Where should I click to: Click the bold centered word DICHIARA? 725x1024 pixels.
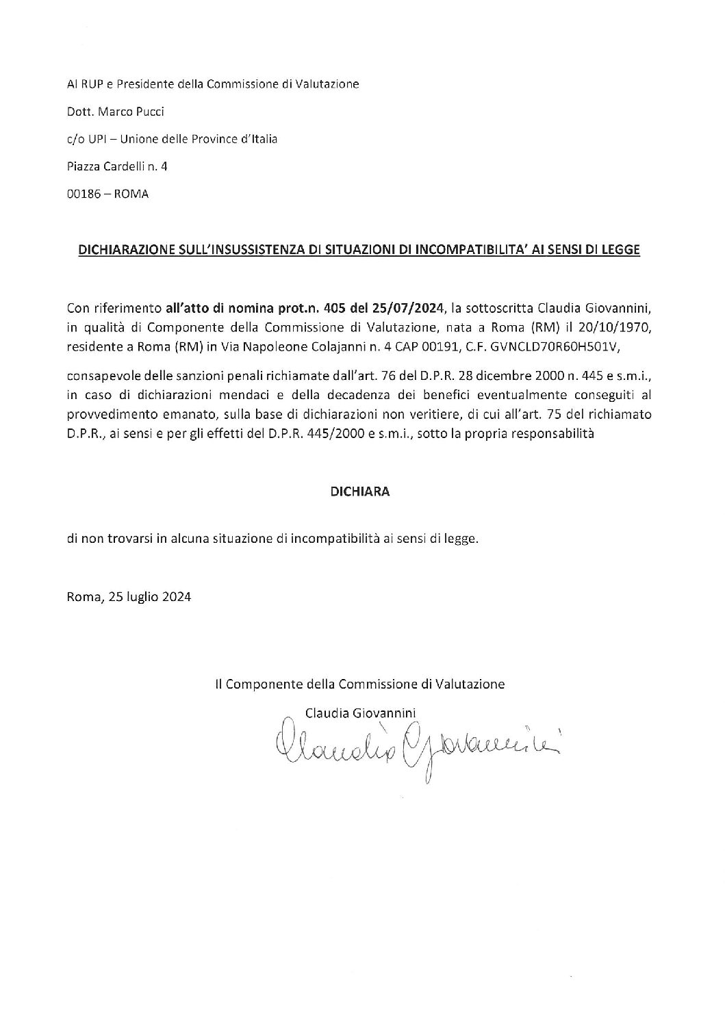[360, 491]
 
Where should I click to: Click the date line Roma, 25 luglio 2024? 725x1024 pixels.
[129, 596]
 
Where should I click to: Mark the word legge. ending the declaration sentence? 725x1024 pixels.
[463, 539]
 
